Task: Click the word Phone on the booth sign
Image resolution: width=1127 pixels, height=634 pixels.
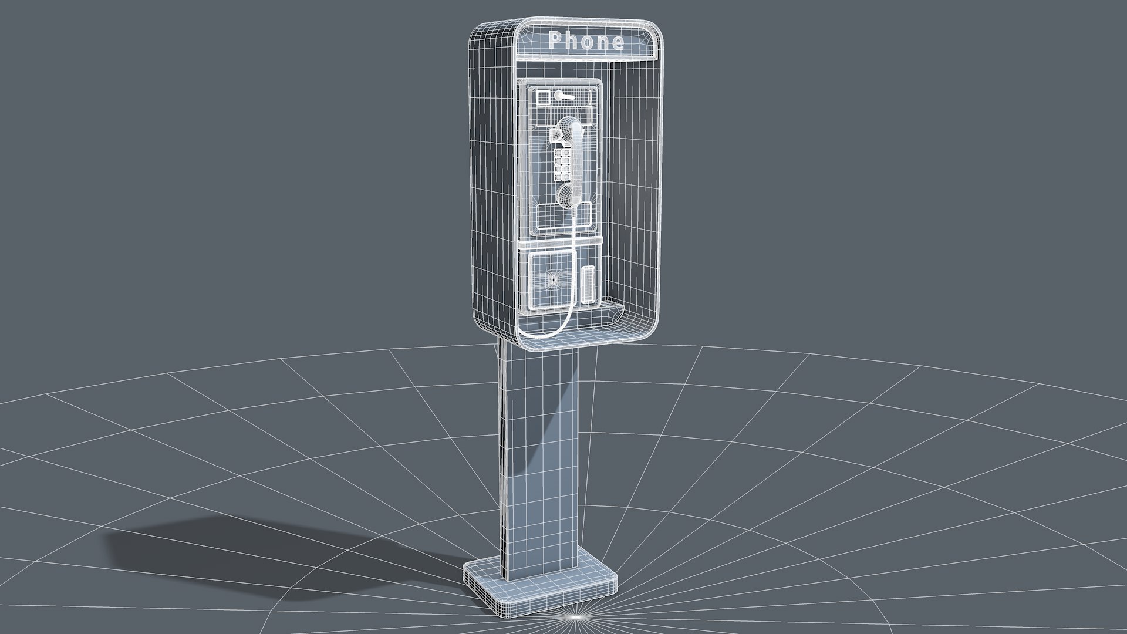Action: tap(586, 41)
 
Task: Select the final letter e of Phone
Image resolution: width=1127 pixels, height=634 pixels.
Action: tap(616, 42)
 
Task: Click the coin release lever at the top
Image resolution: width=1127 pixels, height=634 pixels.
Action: tap(565, 96)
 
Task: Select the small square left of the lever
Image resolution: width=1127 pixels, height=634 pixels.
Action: tap(544, 97)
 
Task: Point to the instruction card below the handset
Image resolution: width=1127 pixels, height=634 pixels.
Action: tap(552, 215)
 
